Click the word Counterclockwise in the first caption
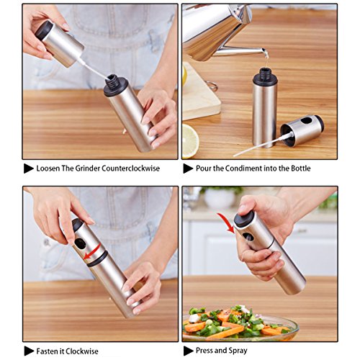(x=130, y=168)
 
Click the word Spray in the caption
(x=237, y=351)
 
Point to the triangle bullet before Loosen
(x=28, y=168)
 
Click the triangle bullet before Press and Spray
(x=188, y=351)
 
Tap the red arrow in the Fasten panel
(x=92, y=252)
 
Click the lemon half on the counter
(x=190, y=141)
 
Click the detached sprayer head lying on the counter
(x=302, y=130)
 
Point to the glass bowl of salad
(x=240, y=324)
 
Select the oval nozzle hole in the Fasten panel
(x=80, y=243)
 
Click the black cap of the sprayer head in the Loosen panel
(x=44, y=30)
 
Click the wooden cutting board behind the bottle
(x=201, y=92)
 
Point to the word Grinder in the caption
(x=87, y=168)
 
